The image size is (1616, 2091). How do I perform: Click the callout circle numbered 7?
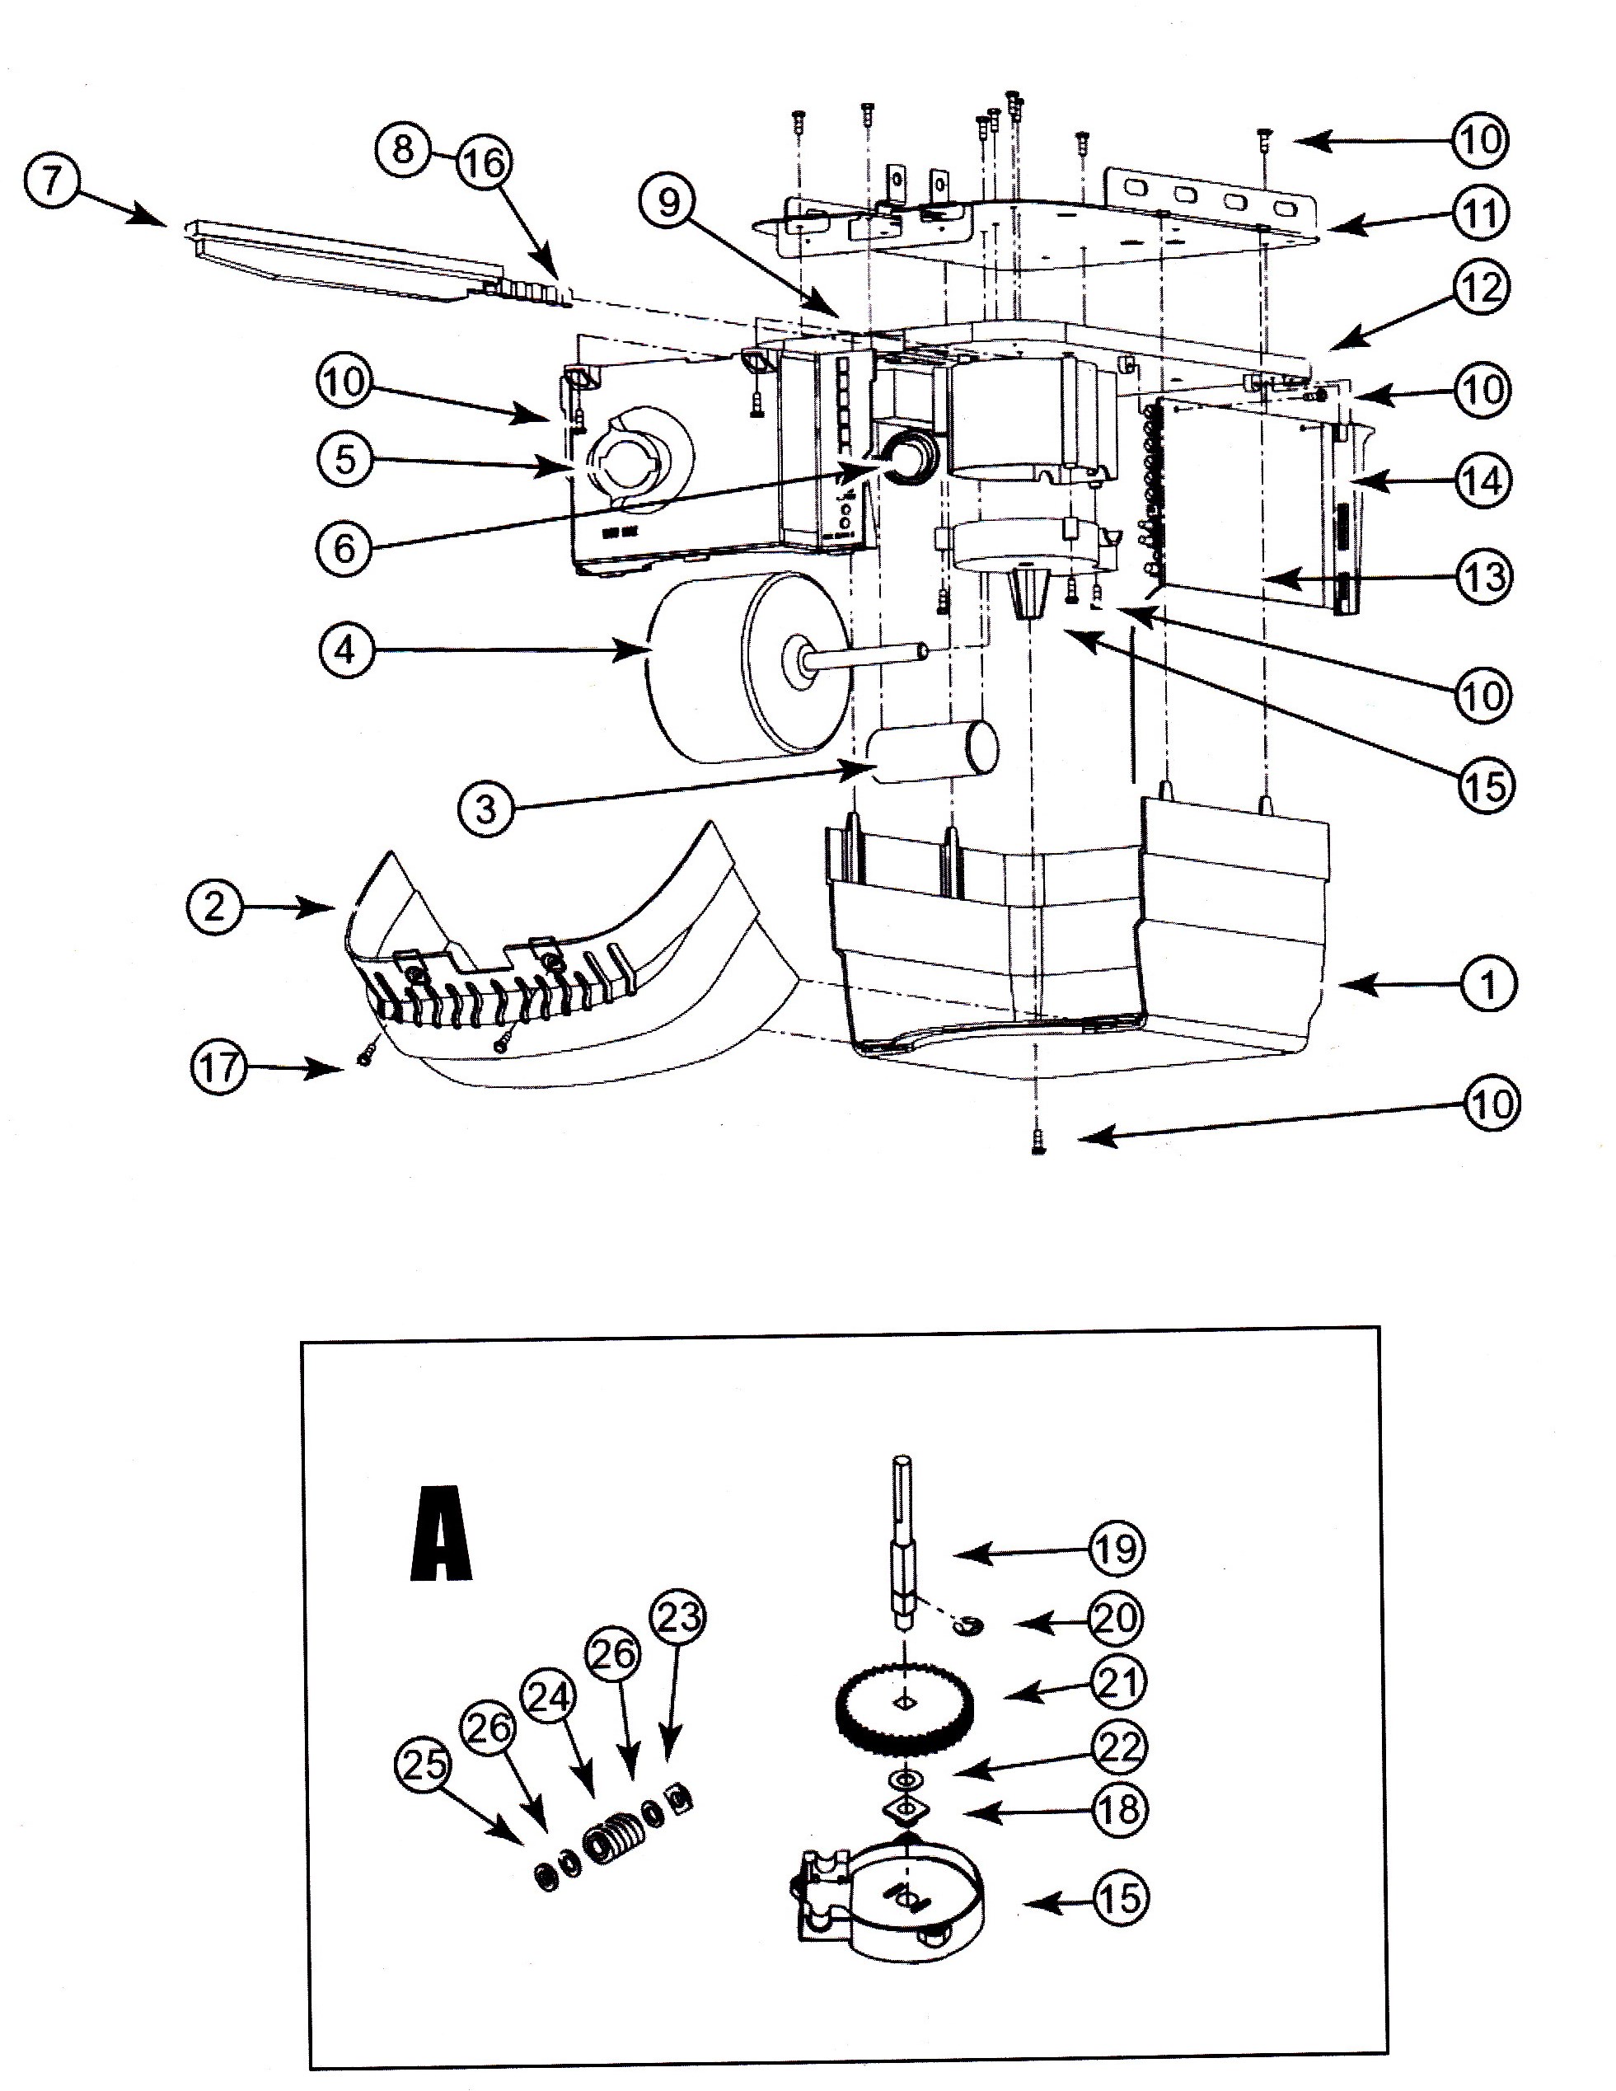[x=54, y=181]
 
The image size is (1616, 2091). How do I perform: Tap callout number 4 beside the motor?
[x=345, y=651]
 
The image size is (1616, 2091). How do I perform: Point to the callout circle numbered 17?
[x=218, y=1067]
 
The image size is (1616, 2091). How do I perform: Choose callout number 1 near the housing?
[x=1488, y=983]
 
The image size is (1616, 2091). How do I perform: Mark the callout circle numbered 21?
[x=1117, y=1683]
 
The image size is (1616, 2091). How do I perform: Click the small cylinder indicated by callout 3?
[x=933, y=753]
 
